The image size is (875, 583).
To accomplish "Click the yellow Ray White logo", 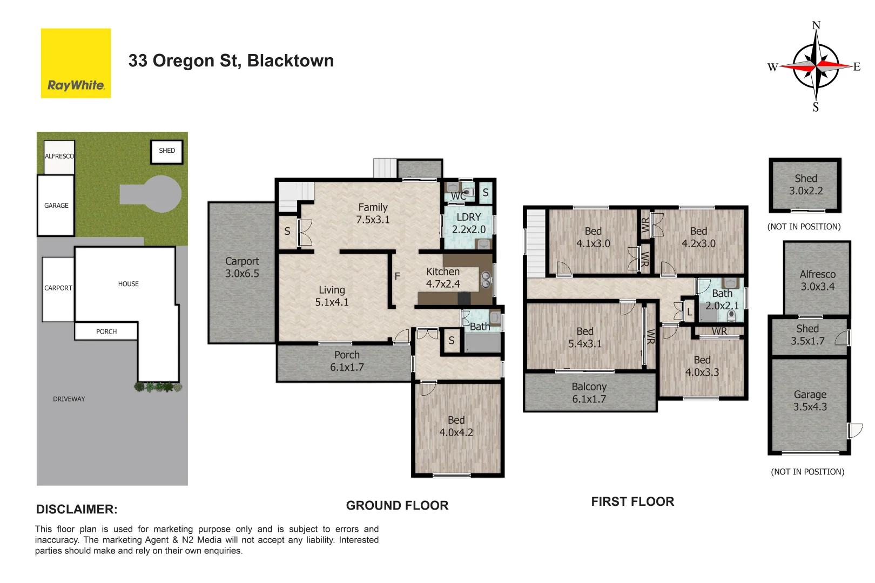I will (x=76, y=63).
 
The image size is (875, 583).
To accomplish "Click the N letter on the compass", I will (x=816, y=25).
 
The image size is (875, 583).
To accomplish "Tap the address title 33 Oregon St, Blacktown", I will (x=231, y=60).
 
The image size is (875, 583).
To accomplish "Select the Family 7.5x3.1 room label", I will (x=373, y=213).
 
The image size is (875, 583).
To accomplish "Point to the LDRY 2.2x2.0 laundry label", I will (x=468, y=223).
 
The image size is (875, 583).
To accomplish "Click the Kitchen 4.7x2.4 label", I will (x=443, y=277).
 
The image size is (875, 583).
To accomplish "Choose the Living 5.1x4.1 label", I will (x=332, y=296).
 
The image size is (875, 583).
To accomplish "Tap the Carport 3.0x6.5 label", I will (x=242, y=267).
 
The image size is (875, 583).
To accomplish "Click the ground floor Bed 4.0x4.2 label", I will (x=456, y=426).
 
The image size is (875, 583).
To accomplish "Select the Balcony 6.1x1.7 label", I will (x=589, y=392).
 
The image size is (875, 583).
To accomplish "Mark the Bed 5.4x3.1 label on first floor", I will (x=584, y=337).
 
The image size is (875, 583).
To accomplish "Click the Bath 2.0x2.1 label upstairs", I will (x=722, y=299).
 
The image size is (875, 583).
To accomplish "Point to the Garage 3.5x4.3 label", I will (x=810, y=401).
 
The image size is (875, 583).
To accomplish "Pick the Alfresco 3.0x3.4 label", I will (x=817, y=280).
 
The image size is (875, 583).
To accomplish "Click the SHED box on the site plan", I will (x=167, y=151).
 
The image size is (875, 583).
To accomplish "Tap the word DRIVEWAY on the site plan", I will (x=69, y=399).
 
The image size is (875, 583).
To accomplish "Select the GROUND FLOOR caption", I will (x=397, y=505).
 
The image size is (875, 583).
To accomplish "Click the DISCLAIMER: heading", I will (x=77, y=509).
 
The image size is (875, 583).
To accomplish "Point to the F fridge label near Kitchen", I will (x=397, y=276).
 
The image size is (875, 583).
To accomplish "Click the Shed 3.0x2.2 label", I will (x=805, y=184).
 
